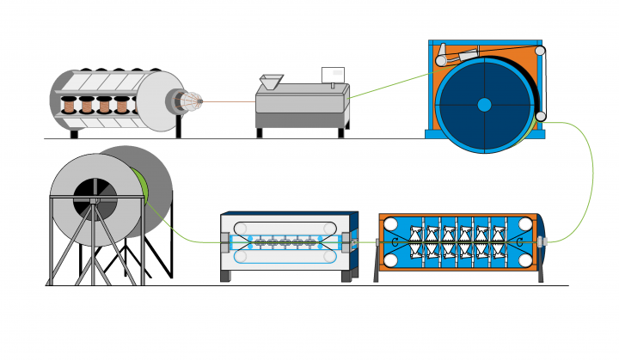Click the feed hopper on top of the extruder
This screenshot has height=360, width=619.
click(x=270, y=82)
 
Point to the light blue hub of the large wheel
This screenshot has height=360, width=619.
click(x=484, y=105)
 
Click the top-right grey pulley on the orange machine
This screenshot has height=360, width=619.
click(x=539, y=52)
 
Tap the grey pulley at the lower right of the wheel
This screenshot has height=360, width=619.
click(x=540, y=117)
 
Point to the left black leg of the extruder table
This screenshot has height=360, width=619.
click(x=259, y=132)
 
